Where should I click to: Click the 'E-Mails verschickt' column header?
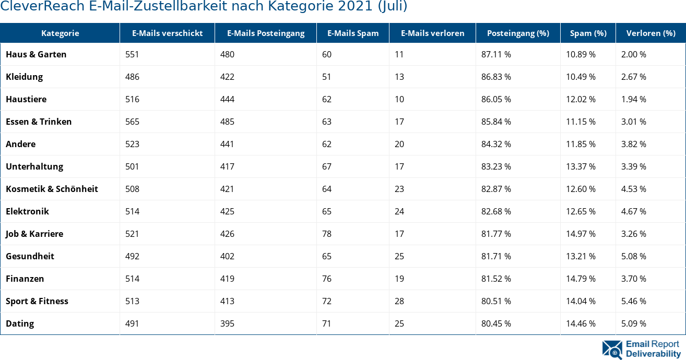tap(167, 33)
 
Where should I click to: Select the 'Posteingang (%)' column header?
tap(518, 33)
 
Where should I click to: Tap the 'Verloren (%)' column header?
tap(650, 33)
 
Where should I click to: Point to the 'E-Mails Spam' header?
tap(353, 33)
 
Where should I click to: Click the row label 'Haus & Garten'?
tap(36, 54)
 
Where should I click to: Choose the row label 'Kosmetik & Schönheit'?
tap(52, 189)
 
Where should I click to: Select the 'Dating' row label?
tap(20, 323)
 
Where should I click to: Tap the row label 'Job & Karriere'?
tap(34, 234)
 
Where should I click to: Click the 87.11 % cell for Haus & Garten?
tap(496, 54)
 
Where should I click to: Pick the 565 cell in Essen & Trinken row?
tap(133, 122)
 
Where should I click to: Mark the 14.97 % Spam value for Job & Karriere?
tap(581, 234)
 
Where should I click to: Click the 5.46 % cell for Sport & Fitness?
tap(634, 301)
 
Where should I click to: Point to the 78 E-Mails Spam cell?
tap(327, 234)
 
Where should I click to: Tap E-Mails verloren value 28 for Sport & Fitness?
tap(399, 301)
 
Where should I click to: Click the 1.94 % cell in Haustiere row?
tap(634, 99)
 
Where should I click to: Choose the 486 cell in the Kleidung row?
tap(133, 77)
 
